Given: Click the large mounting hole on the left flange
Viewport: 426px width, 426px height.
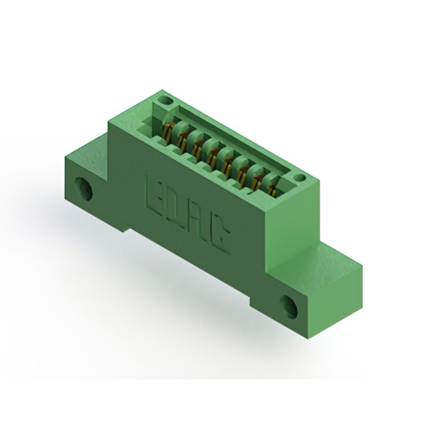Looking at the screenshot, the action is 84,189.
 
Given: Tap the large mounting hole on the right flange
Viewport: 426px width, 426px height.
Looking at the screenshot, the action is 289,306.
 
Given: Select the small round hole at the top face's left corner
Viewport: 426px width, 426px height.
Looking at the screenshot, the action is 166,101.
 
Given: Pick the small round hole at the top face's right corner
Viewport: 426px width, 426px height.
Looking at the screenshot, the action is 300,178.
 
